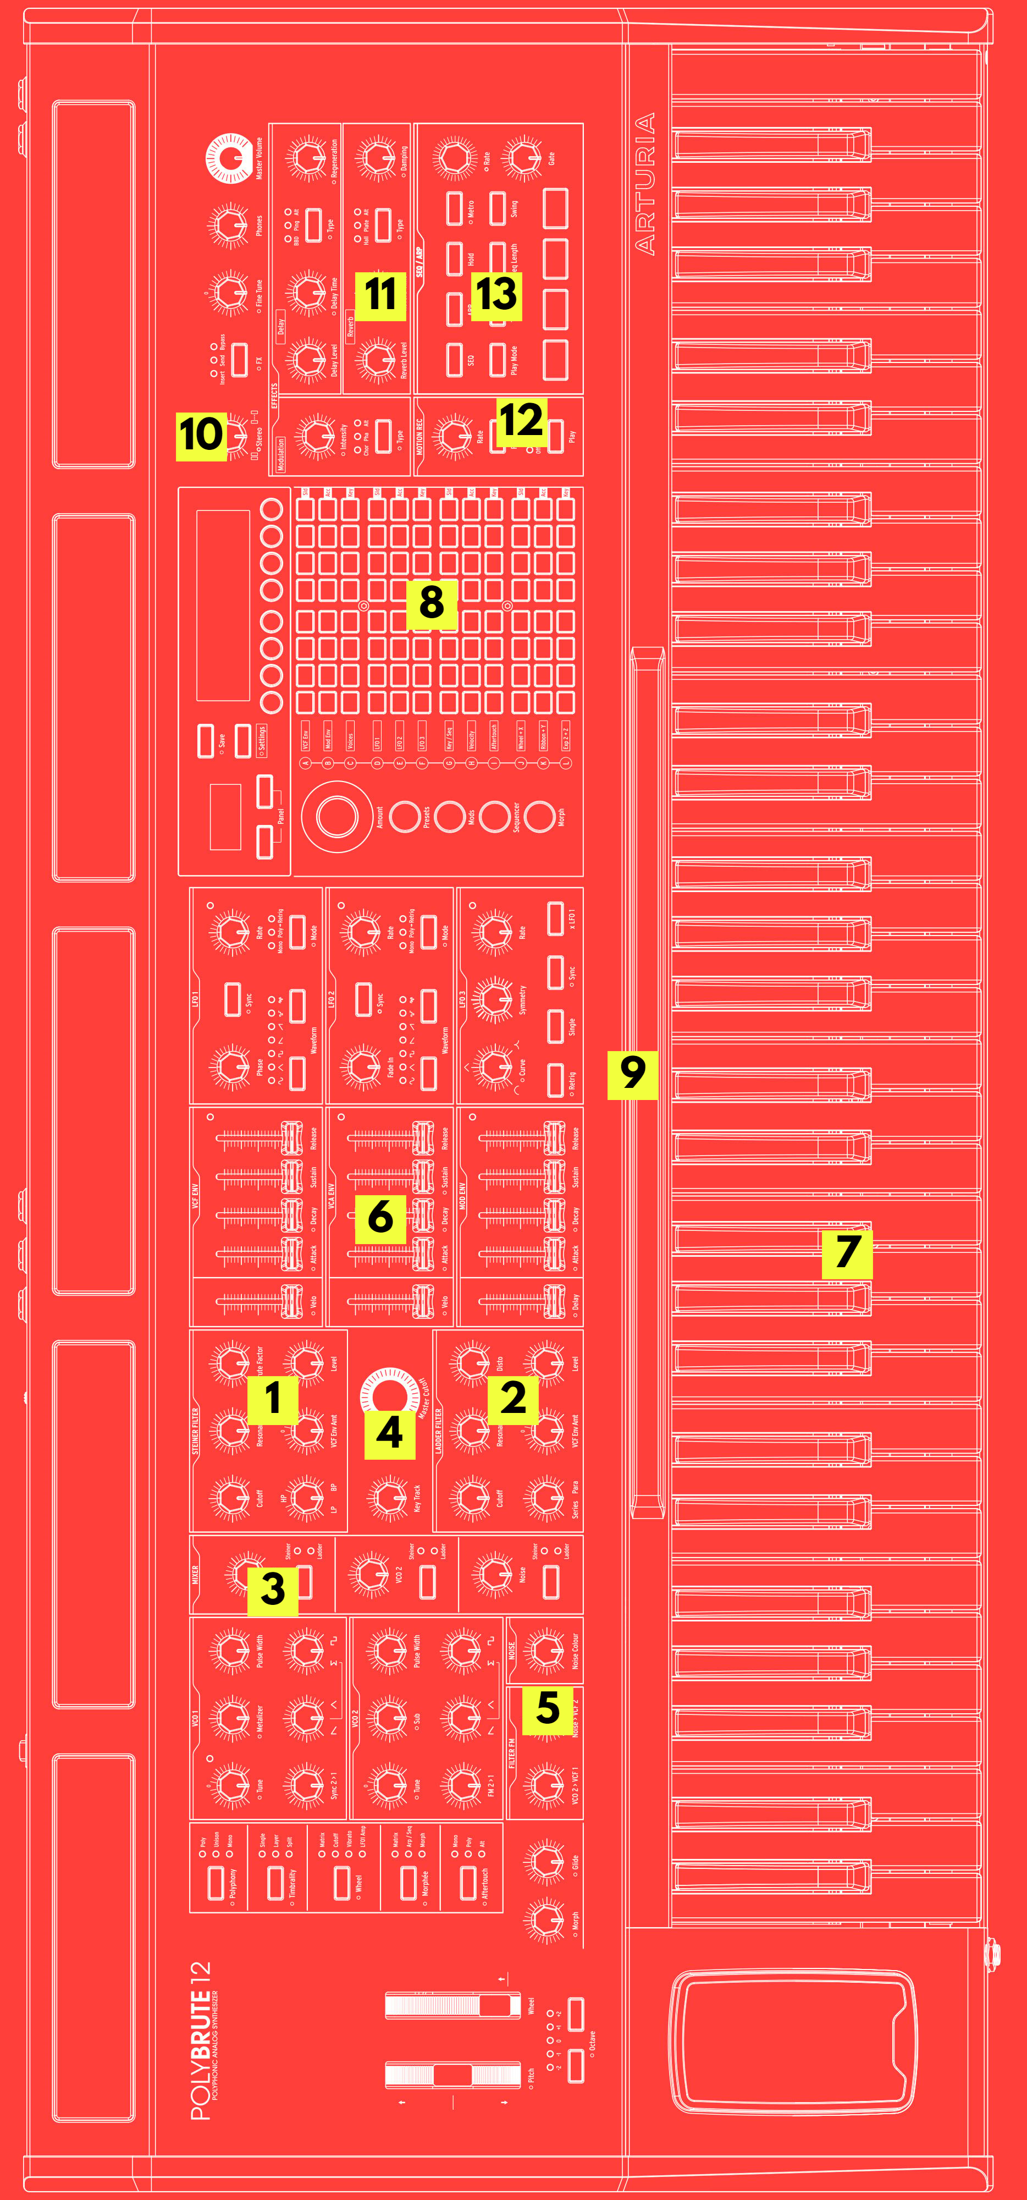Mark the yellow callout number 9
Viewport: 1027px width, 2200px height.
click(x=632, y=1074)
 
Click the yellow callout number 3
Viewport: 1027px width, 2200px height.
click(x=272, y=1590)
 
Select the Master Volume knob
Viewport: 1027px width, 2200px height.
click(x=229, y=158)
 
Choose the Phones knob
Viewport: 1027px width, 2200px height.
click(x=229, y=224)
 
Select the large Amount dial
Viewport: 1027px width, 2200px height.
click(x=336, y=816)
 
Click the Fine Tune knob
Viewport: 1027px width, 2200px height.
click(x=229, y=292)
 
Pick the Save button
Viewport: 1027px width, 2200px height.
click(x=205, y=740)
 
